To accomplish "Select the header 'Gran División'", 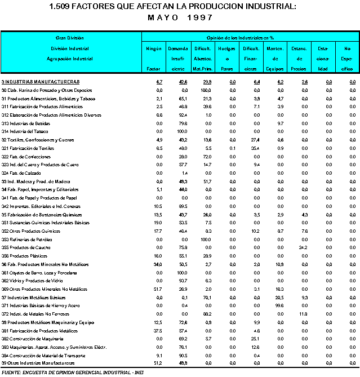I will click(x=70, y=37).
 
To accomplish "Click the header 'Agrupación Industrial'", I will click(x=70, y=59).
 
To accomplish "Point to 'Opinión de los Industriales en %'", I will click(x=248, y=37).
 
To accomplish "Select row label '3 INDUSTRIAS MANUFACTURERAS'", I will click(x=39, y=82).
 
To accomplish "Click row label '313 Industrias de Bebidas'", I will click(x=26, y=123).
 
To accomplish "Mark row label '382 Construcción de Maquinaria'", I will click(x=33, y=339).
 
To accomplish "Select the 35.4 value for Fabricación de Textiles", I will click(x=255, y=148).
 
